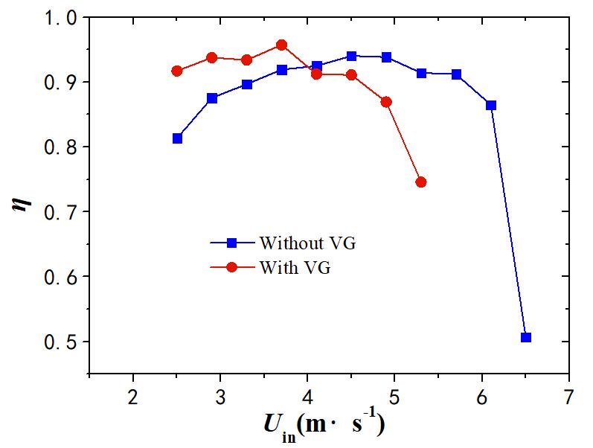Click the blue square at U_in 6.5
click(x=526, y=337)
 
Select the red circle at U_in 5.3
click(x=421, y=182)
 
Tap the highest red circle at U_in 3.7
click(x=281, y=45)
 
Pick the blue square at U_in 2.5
click(x=177, y=138)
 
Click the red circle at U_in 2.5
click(x=177, y=71)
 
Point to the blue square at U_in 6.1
click(x=491, y=105)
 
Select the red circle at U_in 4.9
click(x=386, y=102)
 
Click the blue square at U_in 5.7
click(x=456, y=74)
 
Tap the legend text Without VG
click(x=302, y=243)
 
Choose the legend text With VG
click(x=295, y=267)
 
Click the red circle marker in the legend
click(x=231, y=267)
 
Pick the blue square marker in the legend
click(x=231, y=243)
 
